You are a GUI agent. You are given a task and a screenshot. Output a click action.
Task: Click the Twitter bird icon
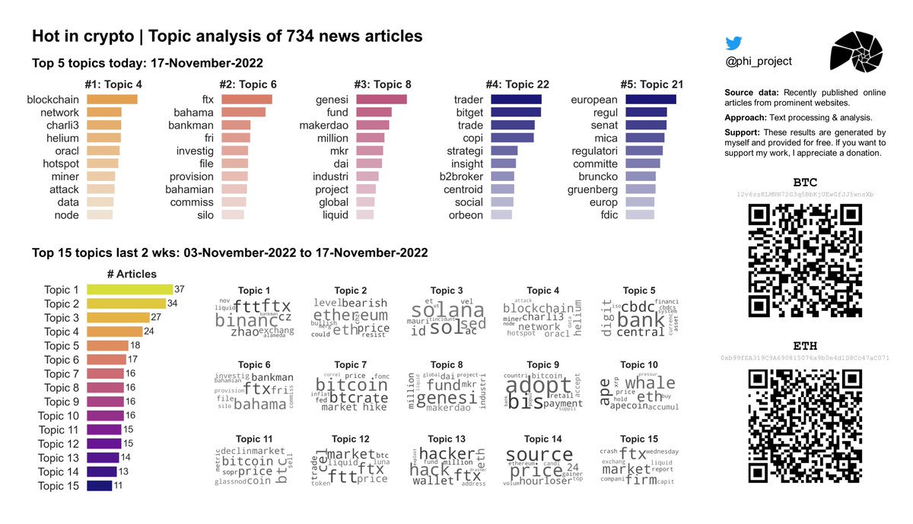click(x=733, y=44)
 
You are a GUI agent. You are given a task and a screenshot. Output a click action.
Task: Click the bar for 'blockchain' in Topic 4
click(x=113, y=100)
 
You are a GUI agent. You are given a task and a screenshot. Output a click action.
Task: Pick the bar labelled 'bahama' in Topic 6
click(x=243, y=113)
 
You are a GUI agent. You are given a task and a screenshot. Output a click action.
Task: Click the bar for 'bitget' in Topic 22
click(x=516, y=113)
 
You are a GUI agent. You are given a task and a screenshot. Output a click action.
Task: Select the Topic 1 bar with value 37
click(x=129, y=290)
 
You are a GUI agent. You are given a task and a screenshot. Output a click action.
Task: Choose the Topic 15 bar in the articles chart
click(x=100, y=486)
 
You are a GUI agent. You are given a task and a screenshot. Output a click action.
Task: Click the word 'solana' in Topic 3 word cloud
click(x=447, y=311)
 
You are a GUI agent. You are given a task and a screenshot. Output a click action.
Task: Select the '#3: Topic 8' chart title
click(x=383, y=84)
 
